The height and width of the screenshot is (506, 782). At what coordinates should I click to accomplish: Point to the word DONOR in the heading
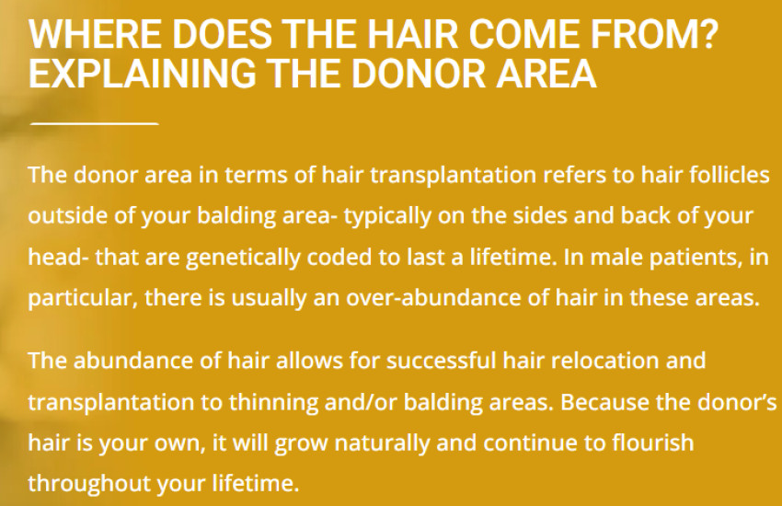click(429, 75)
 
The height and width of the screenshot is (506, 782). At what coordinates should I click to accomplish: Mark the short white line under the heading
click(94, 121)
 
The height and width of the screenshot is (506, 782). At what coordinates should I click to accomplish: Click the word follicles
click(727, 176)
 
